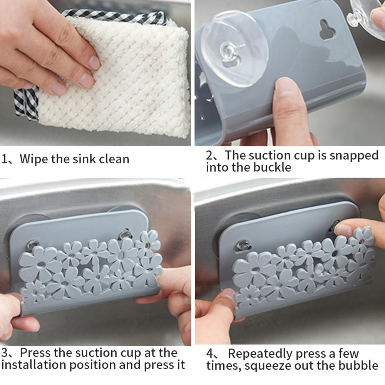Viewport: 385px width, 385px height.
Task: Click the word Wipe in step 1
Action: [x=34, y=159]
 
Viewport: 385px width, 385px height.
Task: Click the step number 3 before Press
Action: [x=5, y=353]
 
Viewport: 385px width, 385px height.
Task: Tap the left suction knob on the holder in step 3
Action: [x=33, y=245]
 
